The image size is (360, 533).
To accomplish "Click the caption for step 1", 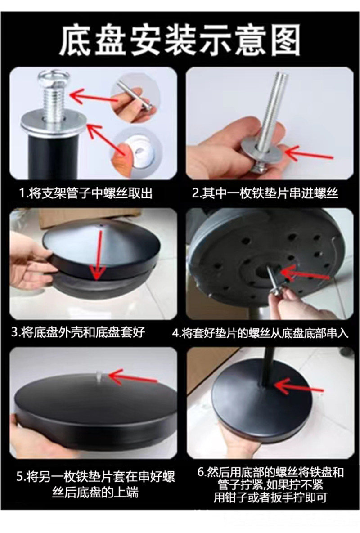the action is coord(85,193).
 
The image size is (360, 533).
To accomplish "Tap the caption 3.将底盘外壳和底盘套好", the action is coord(78,332).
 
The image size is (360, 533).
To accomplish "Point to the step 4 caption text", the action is coord(261,333).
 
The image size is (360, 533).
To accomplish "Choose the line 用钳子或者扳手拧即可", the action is coord(270,497).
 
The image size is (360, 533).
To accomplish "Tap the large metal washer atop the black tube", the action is coord(54,125).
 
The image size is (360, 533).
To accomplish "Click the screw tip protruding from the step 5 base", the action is coord(98,375).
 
